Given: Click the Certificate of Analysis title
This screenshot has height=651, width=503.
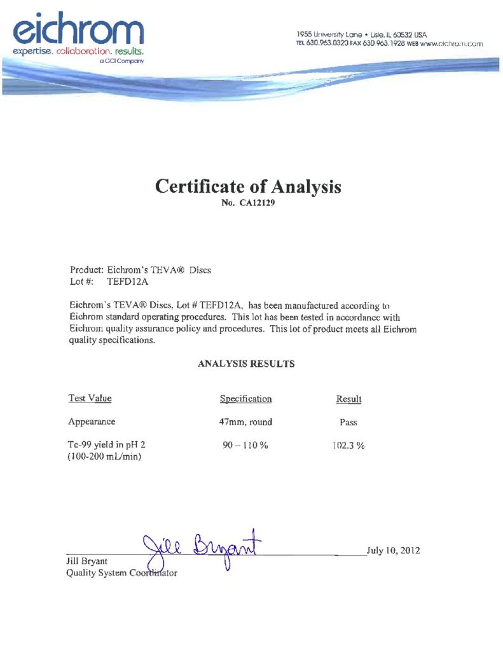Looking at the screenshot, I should click(x=248, y=187).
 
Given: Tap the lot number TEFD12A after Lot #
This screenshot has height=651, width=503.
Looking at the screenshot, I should click(x=131, y=281).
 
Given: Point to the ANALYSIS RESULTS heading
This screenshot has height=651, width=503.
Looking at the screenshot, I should click(x=246, y=364).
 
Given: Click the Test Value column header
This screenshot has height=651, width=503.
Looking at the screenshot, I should click(x=90, y=399).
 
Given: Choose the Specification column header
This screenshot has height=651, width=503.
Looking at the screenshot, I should click(x=245, y=399).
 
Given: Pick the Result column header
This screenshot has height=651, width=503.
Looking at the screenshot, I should click(x=348, y=399).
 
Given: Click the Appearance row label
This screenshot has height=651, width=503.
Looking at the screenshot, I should click(x=92, y=421).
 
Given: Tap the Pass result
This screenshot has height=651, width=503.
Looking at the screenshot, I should click(x=348, y=422).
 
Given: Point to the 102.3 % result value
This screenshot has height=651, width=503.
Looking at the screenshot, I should click(x=348, y=446).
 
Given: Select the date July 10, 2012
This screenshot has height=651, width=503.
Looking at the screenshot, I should click(x=393, y=550).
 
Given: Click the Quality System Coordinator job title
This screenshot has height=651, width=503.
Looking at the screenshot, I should click(x=121, y=573).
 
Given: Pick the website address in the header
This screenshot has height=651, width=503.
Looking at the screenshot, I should click(x=451, y=44).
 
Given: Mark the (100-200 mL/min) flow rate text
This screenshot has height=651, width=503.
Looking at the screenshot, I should click(x=104, y=457).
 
